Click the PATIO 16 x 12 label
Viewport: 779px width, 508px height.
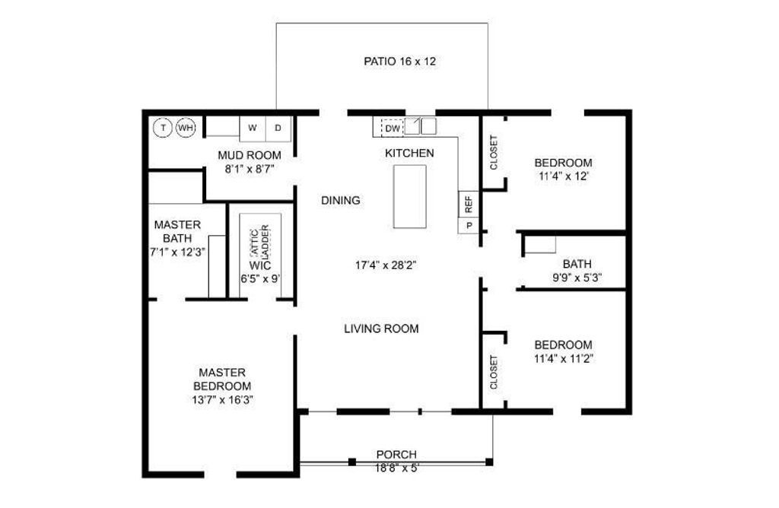(x=399, y=62)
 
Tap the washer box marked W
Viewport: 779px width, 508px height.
(x=253, y=128)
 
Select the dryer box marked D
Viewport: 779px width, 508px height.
(x=278, y=128)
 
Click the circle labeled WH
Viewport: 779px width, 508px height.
(x=186, y=128)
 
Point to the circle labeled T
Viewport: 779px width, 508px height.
(x=163, y=128)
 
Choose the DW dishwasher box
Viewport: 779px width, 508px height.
(x=393, y=128)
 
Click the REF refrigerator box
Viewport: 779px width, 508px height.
(x=469, y=204)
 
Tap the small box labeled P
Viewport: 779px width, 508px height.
(x=469, y=225)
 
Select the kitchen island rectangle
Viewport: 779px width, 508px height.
(x=410, y=196)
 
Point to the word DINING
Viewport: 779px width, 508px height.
(x=341, y=201)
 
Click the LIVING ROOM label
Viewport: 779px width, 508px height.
(x=382, y=329)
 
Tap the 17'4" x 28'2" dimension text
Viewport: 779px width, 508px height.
(x=386, y=265)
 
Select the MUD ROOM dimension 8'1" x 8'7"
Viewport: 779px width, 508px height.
(x=250, y=169)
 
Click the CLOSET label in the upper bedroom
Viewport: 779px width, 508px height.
(x=494, y=152)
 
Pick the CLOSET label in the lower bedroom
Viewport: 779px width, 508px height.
(x=494, y=373)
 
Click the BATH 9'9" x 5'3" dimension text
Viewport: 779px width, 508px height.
(x=577, y=278)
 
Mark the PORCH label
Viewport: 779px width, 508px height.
(x=396, y=454)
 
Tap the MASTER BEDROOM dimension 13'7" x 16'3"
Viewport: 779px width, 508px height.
(x=223, y=400)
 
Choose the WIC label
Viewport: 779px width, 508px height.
(x=260, y=265)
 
